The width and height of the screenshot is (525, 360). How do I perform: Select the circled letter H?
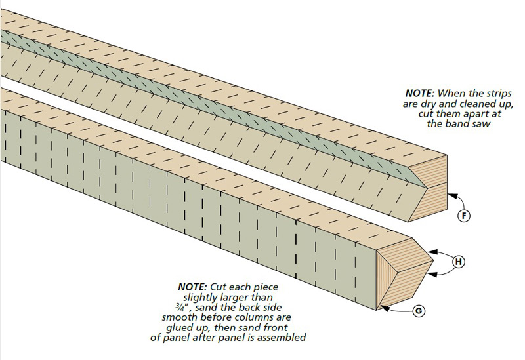pyautogui.click(x=459, y=262)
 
